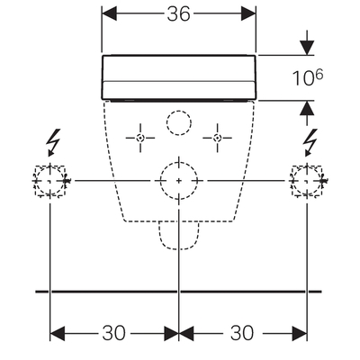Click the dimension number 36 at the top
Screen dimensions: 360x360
pyautogui.click(x=179, y=13)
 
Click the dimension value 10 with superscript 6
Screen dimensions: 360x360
pyautogui.click(x=308, y=77)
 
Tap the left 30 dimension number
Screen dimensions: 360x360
pyautogui.click(x=114, y=333)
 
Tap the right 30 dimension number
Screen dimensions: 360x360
pyautogui.click(x=242, y=333)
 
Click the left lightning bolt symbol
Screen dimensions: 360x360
pyautogui.click(x=53, y=143)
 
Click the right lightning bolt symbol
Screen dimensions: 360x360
pyautogui.click(x=310, y=143)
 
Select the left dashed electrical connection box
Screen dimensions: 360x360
pyautogui.click(x=50, y=181)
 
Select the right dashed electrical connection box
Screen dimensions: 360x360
pyautogui.click(x=307, y=181)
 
